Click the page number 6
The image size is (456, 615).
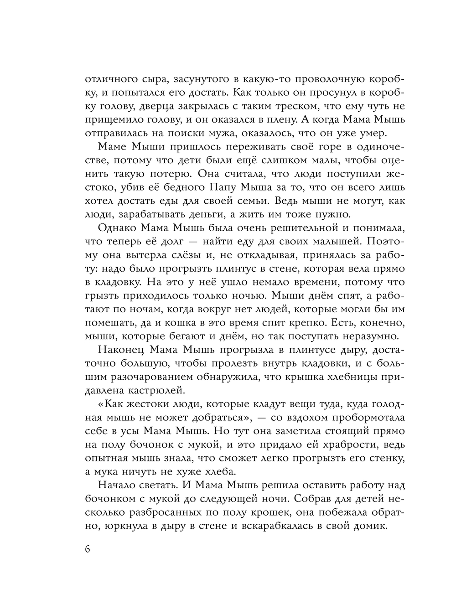pos(88,548)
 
